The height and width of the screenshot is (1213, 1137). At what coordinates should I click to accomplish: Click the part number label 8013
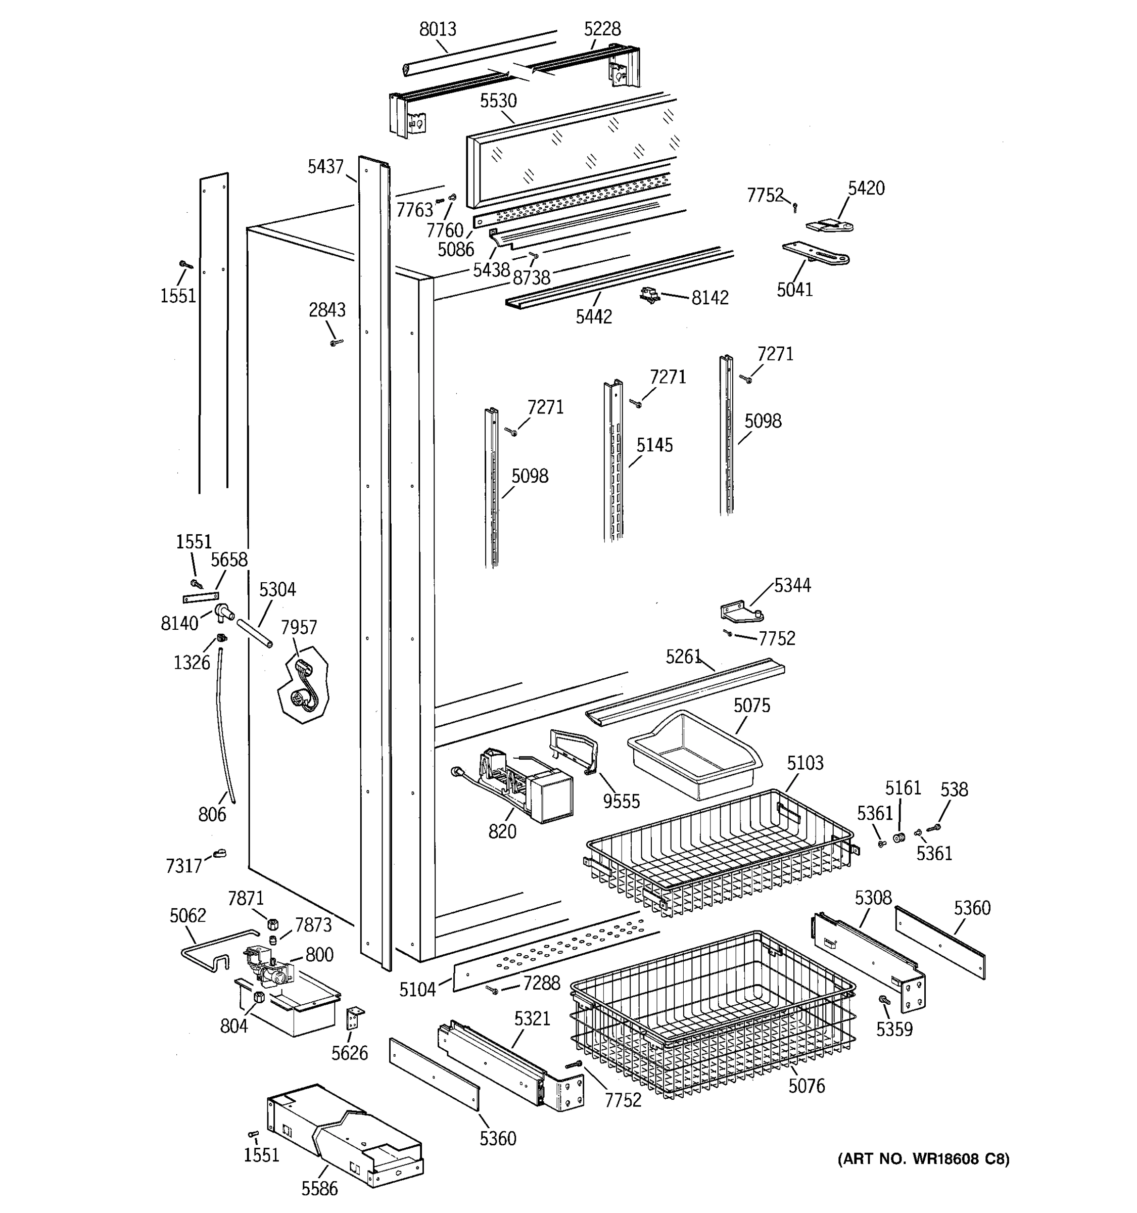coord(437,29)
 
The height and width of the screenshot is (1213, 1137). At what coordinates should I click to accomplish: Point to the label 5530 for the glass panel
coord(498,101)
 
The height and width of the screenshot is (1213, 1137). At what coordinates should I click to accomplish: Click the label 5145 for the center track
coord(654,445)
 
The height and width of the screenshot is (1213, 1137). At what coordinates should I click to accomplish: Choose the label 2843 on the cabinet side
coord(327,310)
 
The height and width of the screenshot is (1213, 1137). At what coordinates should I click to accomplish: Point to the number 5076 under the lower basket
coord(806,1086)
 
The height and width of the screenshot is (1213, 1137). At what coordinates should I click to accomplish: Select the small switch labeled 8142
coord(650,296)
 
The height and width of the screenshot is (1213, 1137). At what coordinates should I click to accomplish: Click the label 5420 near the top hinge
coord(866,188)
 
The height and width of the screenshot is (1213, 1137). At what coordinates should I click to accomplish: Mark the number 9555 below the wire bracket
coord(621,801)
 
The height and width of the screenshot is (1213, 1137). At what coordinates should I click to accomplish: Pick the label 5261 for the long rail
coord(683,657)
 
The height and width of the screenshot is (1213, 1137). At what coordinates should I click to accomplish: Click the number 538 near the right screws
coord(954,789)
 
